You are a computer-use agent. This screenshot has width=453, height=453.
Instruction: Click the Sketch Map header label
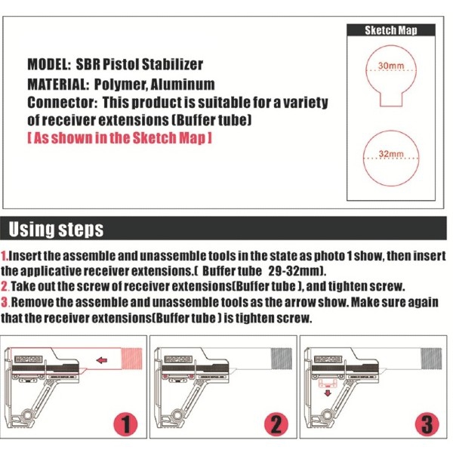390,31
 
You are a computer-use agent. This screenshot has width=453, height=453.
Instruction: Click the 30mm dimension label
390,66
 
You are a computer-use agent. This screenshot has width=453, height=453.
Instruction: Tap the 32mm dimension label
390,154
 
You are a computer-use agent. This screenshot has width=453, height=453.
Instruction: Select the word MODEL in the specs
49,65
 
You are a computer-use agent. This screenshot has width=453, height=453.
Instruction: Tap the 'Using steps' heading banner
57,229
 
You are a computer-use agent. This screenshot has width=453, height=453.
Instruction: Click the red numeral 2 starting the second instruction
5,286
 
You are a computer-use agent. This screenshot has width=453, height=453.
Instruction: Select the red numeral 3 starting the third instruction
5,302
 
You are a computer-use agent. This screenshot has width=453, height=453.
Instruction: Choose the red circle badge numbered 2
277,425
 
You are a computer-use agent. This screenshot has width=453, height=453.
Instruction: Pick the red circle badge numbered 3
428,425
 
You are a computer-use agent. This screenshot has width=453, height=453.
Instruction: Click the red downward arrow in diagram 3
326,392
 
